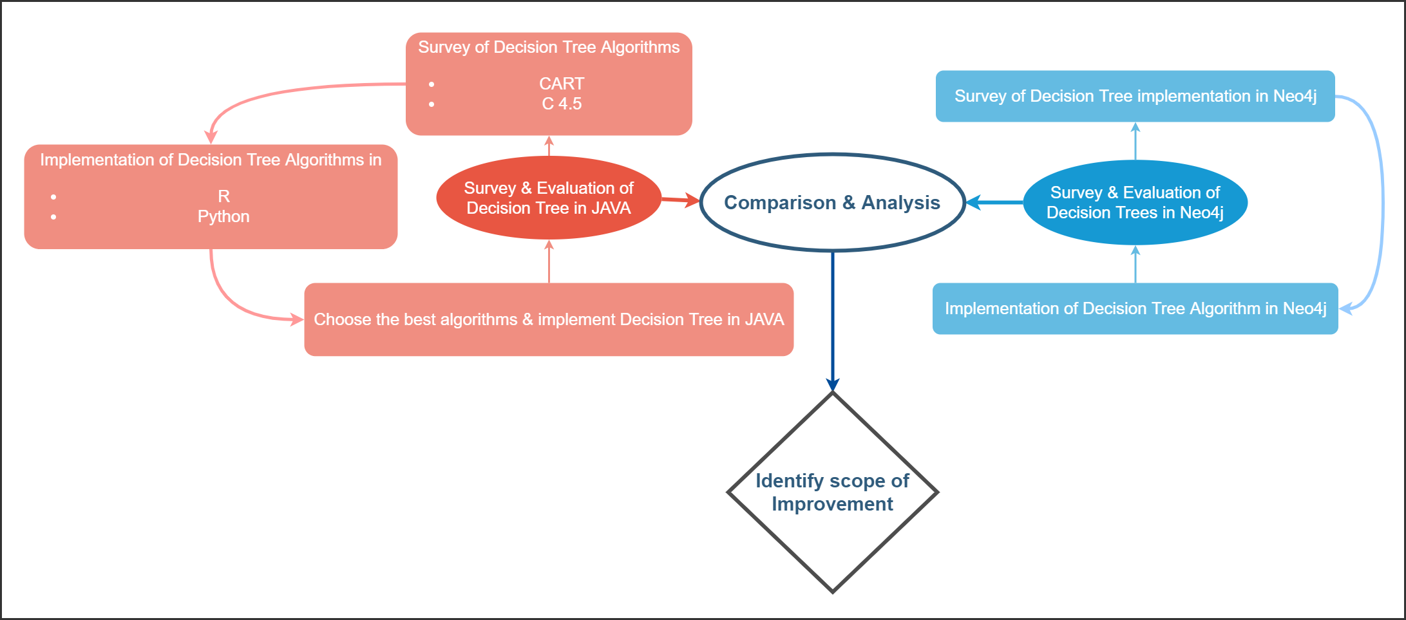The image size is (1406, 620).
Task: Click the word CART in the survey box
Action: [562, 84]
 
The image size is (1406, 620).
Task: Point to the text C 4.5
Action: [562, 104]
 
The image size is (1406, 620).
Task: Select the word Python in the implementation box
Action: [223, 216]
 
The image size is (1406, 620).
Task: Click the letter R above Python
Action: [223, 196]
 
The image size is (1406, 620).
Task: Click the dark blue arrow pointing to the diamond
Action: [833, 322]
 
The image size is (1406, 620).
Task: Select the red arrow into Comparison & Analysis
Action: [680, 200]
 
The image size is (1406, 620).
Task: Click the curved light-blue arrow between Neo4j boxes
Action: [1382, 200]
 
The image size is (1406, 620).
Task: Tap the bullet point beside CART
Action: [432, 84]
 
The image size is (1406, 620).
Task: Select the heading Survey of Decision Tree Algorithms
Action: [549, 47]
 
